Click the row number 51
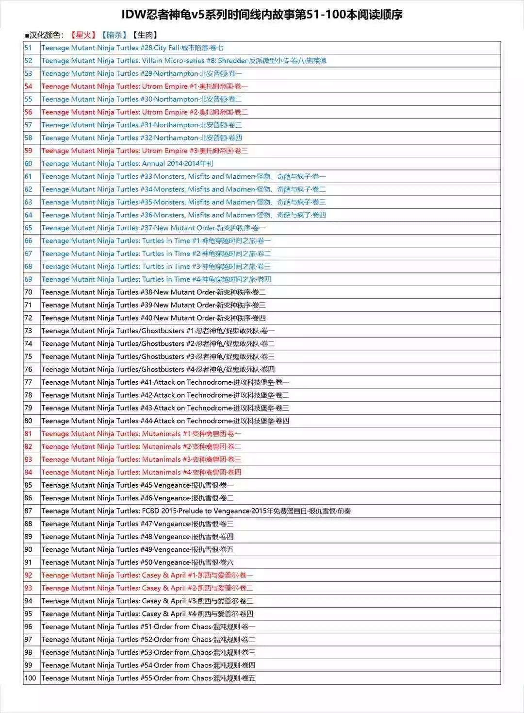(x=28, y=48)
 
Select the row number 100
(x=30, y=678)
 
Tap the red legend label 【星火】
(x=83, y=35)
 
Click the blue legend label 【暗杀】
(x=114, y=35)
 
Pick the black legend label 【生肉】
(x=145, y=35)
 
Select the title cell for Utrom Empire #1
(x=145, y=86)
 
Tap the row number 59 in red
(x=28, y=151)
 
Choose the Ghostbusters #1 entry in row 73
(x=158, y=331)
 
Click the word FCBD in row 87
(x=152, y=511)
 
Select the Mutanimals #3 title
(x=141, y=459)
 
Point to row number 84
(x=28, y=472)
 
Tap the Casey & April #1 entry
(x=147, y=575)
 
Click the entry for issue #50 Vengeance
(x=137, y=562)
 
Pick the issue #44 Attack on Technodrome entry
(x=165, y=421)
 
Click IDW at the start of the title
(x=133, y=15)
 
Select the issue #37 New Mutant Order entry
(x=153, y=228)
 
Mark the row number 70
(x=28, y=292)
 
